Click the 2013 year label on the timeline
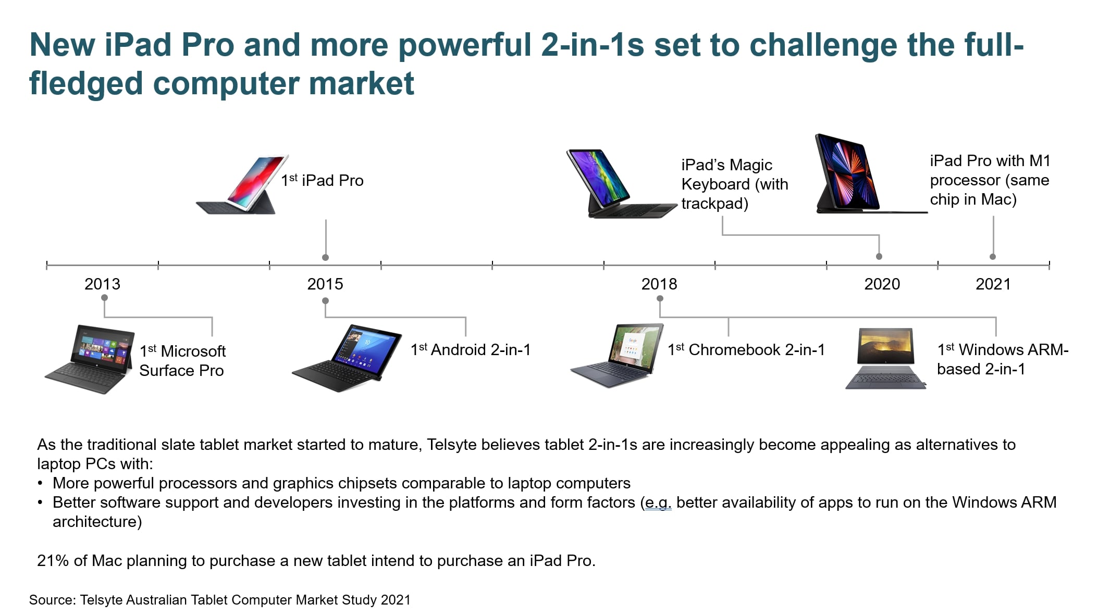click(102, 284)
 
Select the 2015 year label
click(325, 284)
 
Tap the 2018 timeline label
click(659, 284)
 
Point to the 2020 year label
click(882, 284)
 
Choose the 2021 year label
click(993, 284)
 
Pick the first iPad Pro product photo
click(242, 185)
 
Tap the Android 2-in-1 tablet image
click(347, 358)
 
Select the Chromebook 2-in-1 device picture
click(617, 356)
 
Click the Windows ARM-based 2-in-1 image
click(886, 359)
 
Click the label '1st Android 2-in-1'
click(471, 349)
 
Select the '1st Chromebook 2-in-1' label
click(746, 349)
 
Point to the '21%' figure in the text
click(53, 561)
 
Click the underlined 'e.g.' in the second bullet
click(658, 503)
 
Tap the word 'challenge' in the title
click(823, 45)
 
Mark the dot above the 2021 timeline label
click(993, 257)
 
